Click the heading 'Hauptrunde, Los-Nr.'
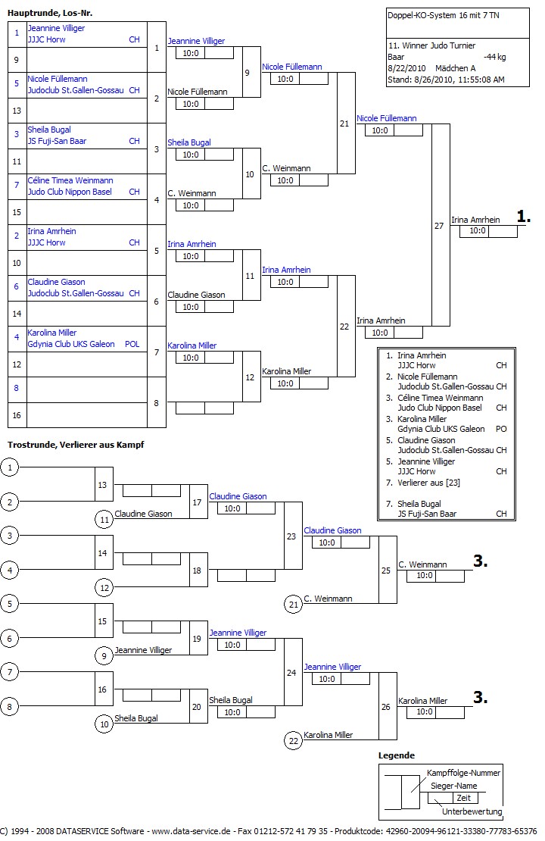pyautogui.click(x=50, y=13)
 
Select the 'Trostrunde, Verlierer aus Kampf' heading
pyautogui.click(x=76, y=444)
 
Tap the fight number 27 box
pyautogui.click(x=440, y=226)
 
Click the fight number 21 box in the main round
pyautogui.click(x=344, y=123)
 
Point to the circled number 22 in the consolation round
pyautogui.click(x=293, y=740)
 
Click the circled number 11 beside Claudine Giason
pyautogui.click(x=104, y=519)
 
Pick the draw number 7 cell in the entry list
pyautogui.click(x=17, y=186)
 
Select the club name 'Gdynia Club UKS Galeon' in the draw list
pyautogui.click(x=71, y=344)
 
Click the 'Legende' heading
pyautogui.click(x=397, y=755)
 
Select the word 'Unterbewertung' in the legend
pyautogui.click(x=472, y=811)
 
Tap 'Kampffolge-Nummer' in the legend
pyautogui.click(x=464, y=773)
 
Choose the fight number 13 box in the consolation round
pyautogui.click(x=104, y=485)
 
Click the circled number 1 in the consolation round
pyautogui.click(x=10, y=467)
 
